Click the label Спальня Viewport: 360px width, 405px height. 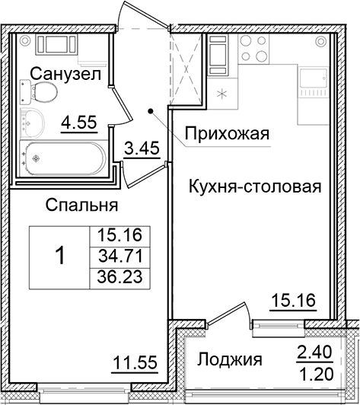click(81, 205)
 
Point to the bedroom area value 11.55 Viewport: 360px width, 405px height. click(135, 363)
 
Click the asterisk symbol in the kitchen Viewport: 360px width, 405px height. click(222, 95)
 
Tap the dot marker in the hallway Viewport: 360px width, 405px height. click(152, 112)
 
